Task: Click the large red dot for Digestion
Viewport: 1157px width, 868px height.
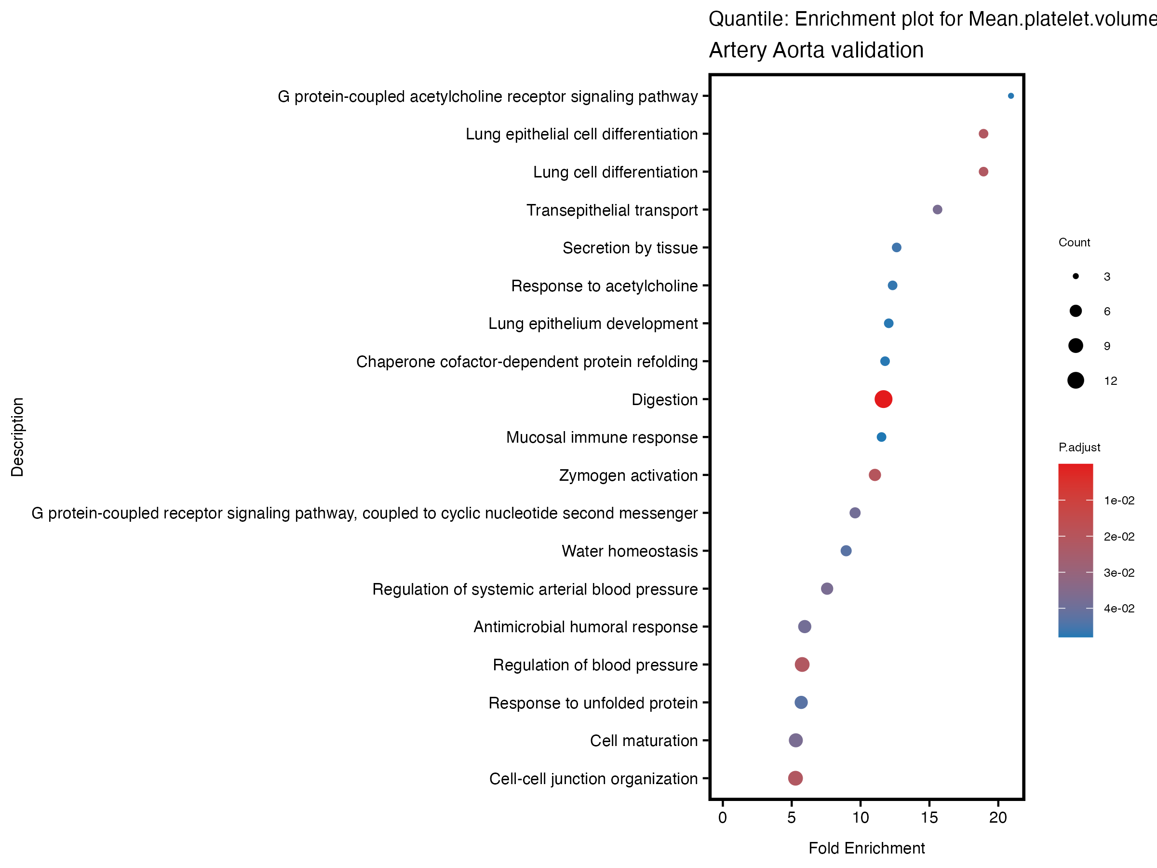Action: (x=883, y=399)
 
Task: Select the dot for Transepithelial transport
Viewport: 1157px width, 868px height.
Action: (x=937, y=210)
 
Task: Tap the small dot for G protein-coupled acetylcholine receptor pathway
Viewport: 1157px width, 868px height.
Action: (x=1010, y=96)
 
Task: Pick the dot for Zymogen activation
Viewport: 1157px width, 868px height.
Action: (x=874, y=475)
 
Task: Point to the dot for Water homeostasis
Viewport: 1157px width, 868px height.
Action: (x=846, y=551)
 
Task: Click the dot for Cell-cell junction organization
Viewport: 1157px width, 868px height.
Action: (x=795, y=778)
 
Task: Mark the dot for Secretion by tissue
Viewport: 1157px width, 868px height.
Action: (x=897, y=247)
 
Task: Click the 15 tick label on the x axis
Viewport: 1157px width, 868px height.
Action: (x=929, y=818)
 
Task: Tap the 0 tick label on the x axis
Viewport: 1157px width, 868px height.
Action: (x=722, y=818)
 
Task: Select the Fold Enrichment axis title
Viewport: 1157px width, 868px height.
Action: (x=866, y=848)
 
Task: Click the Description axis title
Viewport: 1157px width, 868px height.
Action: (x=17, y=437)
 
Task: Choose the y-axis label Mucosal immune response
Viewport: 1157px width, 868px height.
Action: (x=602, y=437)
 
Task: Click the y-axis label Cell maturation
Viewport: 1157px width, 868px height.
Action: (x=644, y=741)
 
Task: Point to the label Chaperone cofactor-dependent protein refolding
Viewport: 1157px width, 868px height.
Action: (x=527, y=362)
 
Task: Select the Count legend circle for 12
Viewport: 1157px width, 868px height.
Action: (x=1076, y=380)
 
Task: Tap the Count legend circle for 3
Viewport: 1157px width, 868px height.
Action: (x=1076, y=276)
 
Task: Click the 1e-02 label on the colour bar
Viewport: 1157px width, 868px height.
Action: (x=1119, y=501)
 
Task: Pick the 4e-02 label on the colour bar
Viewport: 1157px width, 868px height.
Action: (x=1119, y=609)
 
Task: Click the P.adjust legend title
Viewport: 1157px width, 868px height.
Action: (x=1079, y=448)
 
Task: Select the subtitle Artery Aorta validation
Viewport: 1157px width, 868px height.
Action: (x=816, y=50)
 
